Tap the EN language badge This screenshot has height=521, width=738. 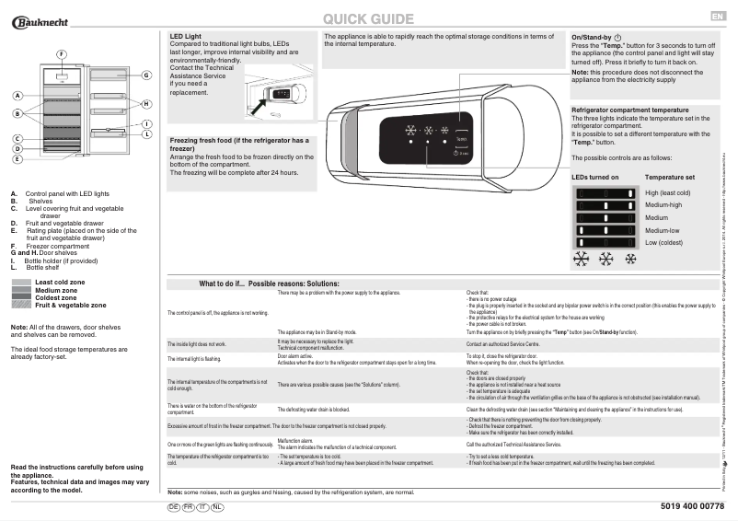(x=718, y=17)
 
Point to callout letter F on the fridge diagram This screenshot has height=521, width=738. (x=61, y=54)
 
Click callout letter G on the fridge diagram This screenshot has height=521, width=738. (x=146, y=75)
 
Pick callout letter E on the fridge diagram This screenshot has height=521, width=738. (x=17, y=158)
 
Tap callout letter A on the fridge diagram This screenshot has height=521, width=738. (x=17, y=96)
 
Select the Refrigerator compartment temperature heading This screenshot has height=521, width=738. (x=630, y=110)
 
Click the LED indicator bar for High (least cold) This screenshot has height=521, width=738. (x=605, y=192)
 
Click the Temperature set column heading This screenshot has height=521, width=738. (x=669, y=177)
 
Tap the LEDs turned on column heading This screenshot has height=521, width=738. (x=594, y=177)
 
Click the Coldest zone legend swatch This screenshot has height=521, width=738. (x=21, y=297)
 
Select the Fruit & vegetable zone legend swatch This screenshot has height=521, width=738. (x=21, y=305)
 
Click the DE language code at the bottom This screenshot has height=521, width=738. (x=173, y=507)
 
